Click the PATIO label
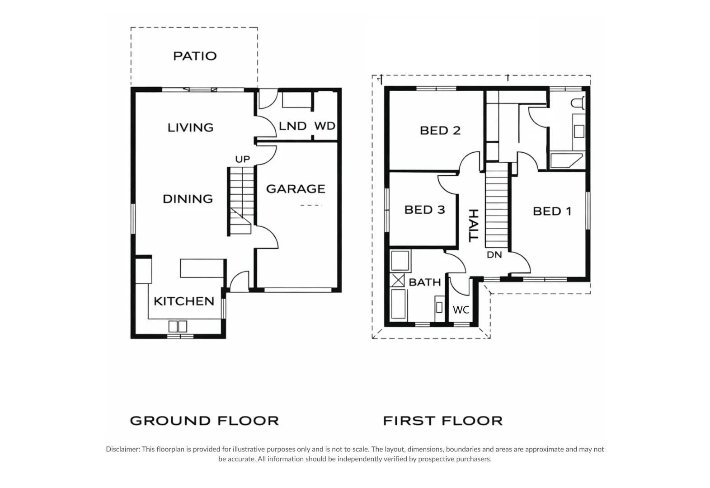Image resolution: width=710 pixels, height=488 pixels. coord(195,56)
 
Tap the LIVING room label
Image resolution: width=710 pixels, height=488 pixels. coord(191,128)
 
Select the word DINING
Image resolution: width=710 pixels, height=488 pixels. coord(188,199)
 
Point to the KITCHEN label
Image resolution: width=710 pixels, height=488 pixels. coord(184,301)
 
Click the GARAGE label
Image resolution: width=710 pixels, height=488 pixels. coord(296,189)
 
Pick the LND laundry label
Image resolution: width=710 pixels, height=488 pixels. coord(292,126)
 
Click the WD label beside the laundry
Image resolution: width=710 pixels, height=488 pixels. coord(325,126)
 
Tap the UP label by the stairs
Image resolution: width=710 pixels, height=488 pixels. coord(243,159)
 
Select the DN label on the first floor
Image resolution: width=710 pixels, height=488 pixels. coord(494,254)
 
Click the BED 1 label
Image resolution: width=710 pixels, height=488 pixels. coord(552,211)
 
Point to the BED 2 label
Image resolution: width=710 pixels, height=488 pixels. coord(440,131)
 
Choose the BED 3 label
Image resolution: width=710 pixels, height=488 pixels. coord(425,210)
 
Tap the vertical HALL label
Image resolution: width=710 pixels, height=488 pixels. coord(474,225)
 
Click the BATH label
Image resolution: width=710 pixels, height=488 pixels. coord(425,282)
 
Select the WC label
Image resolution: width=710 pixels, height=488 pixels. coord(461,310)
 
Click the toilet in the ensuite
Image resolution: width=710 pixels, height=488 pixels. coord(578,103)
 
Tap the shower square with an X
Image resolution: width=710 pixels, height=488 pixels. coord(397,281)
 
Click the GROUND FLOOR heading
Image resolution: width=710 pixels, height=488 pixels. coord(204,421)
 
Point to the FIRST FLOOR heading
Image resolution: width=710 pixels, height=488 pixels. coord(443,421)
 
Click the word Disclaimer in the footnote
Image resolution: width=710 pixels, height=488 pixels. coord(122,449)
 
